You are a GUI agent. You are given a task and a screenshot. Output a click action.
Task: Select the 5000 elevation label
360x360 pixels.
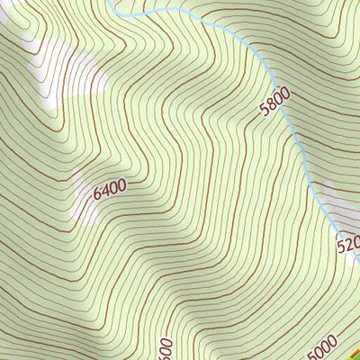click(321, 347)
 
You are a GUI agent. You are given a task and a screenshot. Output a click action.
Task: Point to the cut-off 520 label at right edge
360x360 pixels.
click(348, 244)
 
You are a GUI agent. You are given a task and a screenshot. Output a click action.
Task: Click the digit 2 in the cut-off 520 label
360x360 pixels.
click(351, 243)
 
